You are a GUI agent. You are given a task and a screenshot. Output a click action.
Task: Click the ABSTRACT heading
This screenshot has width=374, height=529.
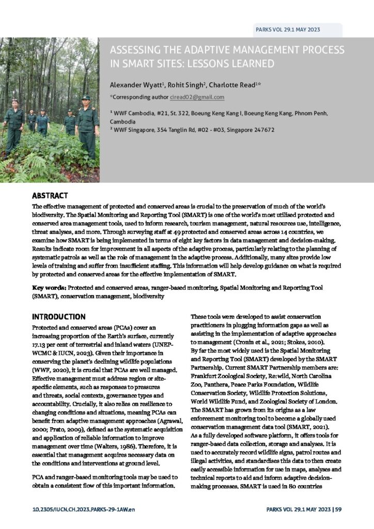click(50, 196)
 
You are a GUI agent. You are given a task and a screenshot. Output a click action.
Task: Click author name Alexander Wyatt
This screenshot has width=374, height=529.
click(136, 84)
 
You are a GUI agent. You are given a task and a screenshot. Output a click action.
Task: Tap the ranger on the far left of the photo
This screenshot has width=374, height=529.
click(14, 124)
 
